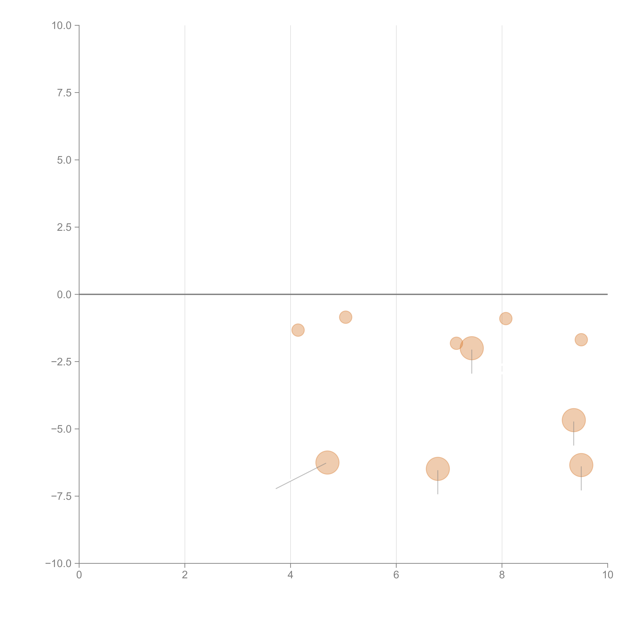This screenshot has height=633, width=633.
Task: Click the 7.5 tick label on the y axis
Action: click(64, 93)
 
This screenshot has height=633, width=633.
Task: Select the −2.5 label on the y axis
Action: click(61, 362)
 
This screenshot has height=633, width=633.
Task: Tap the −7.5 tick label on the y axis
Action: click(61, 496)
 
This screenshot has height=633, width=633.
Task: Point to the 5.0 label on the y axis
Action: click(64, 160)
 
